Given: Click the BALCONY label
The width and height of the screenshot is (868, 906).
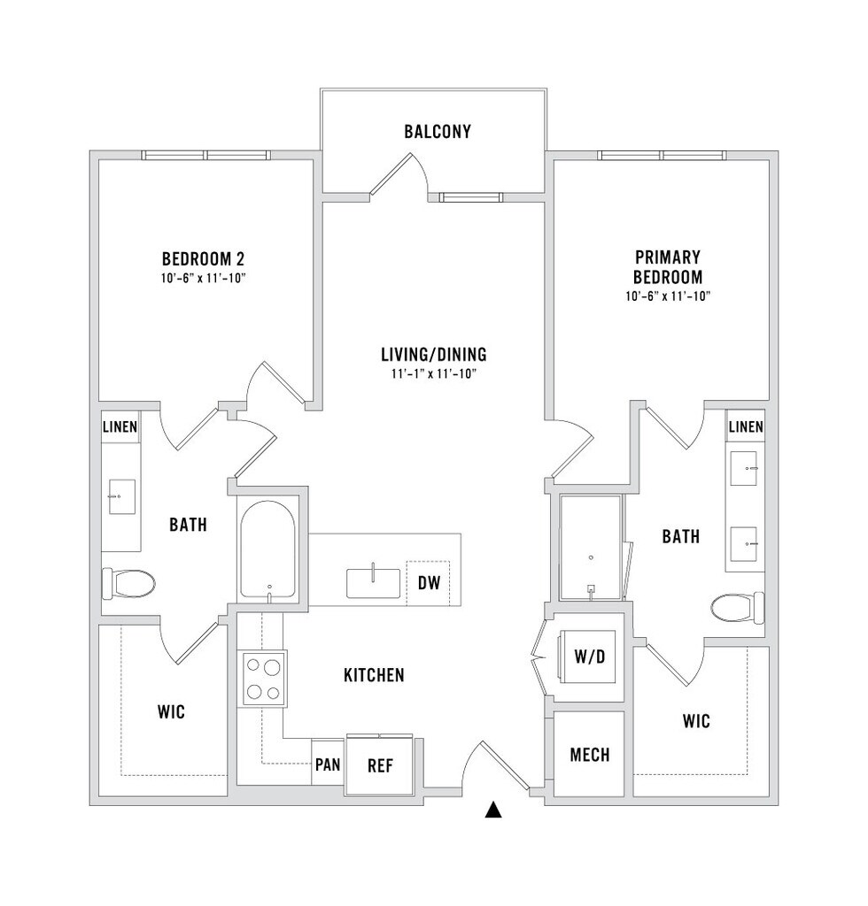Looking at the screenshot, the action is pyautogui.click(x=438, y=132).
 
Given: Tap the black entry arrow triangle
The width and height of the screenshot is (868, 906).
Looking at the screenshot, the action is pyautogui.click(x=493, y=810).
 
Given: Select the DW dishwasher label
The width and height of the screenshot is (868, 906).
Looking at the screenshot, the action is pyautogui.click(x=429, y=582).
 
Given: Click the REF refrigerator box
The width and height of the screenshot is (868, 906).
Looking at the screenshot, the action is pyautogui.click(x=380, y=765).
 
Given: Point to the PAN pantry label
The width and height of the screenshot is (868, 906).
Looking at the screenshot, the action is pyautogui.click(x=328, y=764).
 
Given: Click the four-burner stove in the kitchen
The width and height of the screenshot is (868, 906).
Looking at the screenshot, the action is pyautogui.click(x=264, y=679).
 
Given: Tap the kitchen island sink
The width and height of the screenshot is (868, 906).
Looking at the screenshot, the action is pyautogui.click(x=373, y=582).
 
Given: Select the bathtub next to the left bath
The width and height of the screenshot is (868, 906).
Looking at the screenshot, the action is pyautogui.click(x=268, y=549).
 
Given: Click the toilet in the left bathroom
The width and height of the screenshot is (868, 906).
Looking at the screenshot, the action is pyautogui.click(x=128, y=584).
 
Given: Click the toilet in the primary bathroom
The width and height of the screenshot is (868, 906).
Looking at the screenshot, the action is pyautogui.click(x=737, y=609).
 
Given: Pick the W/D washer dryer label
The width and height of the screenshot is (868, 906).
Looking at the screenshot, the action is pyautogui.click(x=589, y=656).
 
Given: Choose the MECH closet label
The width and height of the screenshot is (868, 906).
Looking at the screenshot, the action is pyautogui.click(x=589, y=755).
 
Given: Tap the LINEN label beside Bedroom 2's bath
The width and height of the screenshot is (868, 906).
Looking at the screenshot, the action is pyautogui.click(x=120, y=427).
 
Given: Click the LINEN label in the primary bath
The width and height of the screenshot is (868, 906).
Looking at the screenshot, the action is pyautogui.click(x=746, y=427).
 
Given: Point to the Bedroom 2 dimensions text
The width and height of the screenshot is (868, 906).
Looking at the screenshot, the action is pyautogui.click(x=204, y=279).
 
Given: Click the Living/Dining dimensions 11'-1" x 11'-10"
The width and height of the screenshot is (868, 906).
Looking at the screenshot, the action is pyautogui.click(x=434, y=374).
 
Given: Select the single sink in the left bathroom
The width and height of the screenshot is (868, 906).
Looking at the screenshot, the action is pyautogui.click(x=121, y=496).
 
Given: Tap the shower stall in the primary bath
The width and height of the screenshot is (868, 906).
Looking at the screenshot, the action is pyautogui.click(x=591, y=547).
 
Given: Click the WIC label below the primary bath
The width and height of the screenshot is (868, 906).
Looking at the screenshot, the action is pyautogui.click(x=696, y=721).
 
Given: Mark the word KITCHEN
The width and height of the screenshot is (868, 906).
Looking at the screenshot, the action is pyautogui.click(x=374, y=675).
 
